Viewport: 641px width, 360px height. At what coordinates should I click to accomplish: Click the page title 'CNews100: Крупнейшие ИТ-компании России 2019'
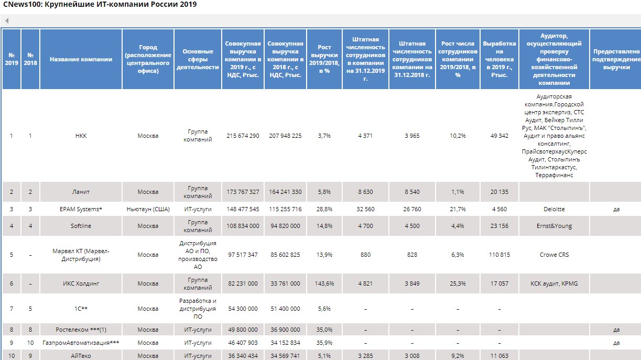100,5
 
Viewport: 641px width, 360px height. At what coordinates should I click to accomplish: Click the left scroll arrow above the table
7,21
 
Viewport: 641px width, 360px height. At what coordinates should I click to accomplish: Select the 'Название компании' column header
81,59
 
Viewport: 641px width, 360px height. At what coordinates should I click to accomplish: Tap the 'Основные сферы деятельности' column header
198,59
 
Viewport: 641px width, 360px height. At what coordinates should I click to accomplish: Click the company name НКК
81,136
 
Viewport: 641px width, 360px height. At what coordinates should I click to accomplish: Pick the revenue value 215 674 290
243,136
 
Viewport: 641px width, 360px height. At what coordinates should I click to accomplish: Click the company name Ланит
81,192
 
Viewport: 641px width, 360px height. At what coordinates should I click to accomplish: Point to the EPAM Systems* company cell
81,209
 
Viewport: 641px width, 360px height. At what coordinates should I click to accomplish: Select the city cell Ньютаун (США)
148,209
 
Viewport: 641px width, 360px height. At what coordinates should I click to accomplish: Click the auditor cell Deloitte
554,209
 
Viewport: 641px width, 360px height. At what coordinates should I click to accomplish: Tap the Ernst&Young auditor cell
554,226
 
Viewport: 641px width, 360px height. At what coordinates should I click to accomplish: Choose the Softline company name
81,226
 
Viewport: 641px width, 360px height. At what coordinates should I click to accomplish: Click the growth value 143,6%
324,283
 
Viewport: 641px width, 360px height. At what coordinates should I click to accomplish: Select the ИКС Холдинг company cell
81,283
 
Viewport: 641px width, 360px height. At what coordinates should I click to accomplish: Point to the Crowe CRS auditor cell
554,255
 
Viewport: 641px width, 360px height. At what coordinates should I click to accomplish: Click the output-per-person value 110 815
499,255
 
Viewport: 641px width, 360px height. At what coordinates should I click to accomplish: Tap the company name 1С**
81,309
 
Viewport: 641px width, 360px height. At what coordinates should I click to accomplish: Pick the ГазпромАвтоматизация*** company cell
81,343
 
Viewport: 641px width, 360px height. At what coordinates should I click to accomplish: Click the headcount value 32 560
365,209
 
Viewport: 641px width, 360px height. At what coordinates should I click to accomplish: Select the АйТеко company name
81,356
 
